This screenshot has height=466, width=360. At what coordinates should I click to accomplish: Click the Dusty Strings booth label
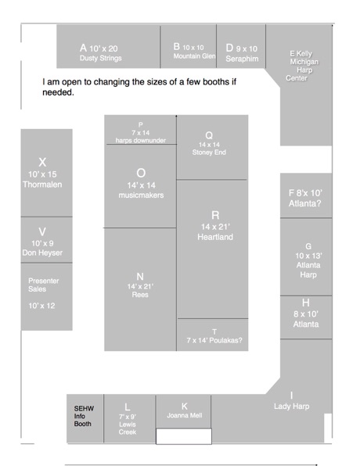point(100,58)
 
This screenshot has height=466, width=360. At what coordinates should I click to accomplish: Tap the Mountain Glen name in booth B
point(195,56)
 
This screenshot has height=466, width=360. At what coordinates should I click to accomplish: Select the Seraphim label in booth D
point(242,59)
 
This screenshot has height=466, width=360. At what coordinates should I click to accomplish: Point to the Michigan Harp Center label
point(302,70)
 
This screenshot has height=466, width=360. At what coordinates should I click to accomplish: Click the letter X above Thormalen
point(42,163)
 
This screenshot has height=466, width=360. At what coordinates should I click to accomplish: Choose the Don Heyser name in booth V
point(42,253)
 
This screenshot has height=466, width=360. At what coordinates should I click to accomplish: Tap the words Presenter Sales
point(44,285)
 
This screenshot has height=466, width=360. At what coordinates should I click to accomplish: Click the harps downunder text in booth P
point(141,140)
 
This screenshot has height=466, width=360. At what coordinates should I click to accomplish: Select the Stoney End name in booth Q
point(209,152)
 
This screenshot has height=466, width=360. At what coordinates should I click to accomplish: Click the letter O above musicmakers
point(141,173)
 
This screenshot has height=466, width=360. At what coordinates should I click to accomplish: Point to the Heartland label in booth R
point(215,237)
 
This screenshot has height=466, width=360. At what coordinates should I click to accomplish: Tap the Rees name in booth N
point(140,295)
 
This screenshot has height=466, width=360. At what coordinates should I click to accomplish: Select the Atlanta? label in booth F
point(305,203)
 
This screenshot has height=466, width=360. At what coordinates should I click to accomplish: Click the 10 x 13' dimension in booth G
point(308,256)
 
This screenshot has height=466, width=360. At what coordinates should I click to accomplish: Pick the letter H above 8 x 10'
point(305,303)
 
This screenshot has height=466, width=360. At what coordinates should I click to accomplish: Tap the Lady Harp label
point(292,407)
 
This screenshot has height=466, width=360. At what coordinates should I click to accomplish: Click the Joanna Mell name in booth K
point(185,415)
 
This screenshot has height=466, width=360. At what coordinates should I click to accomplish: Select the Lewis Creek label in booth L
point(128,428)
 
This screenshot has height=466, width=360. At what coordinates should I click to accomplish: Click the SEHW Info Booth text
point(84,416)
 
